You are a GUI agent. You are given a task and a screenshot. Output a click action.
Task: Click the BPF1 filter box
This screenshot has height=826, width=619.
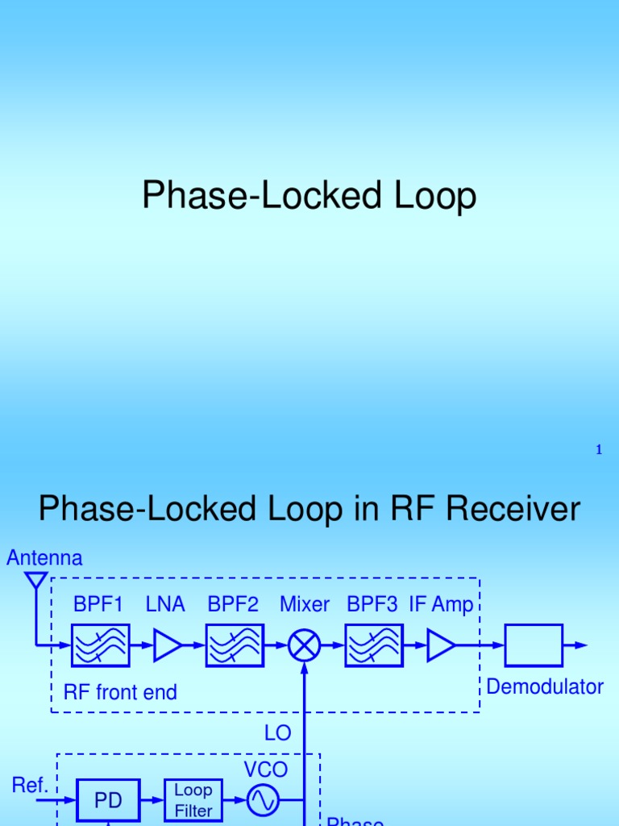click(101, 645)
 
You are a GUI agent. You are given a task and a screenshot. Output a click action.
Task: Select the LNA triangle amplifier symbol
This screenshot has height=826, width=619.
click(167, 645)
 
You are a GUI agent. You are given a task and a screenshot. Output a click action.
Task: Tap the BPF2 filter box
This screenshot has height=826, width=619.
click(235, 645)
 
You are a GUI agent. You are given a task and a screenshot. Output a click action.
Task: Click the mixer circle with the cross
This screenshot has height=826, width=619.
click(305, 645)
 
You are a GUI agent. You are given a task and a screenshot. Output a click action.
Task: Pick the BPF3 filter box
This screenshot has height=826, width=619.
click(374, 645)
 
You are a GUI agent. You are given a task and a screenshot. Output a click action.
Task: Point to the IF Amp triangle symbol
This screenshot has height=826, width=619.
click(441, 645)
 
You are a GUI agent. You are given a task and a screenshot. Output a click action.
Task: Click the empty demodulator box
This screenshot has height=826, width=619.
click(534, 645)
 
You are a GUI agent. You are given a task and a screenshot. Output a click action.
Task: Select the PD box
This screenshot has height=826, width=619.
click(108, 801)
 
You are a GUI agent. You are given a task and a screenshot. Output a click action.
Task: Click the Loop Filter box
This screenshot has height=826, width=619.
click(193, 800)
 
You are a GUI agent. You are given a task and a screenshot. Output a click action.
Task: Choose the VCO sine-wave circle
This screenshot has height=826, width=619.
click(263, 800)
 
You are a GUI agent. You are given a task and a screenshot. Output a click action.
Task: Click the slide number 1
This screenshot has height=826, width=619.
click(599, 450)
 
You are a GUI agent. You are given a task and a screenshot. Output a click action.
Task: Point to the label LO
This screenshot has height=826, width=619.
click(278, 732)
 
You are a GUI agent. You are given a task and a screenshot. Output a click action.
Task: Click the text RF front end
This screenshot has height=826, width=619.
click(120, 692)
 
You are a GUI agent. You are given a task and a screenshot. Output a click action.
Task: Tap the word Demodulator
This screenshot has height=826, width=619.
click(546, 687)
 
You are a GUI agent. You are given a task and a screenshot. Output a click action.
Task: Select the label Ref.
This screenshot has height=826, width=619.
click(29, 785)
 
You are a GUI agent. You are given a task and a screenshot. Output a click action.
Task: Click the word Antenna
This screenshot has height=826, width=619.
click(44, 557)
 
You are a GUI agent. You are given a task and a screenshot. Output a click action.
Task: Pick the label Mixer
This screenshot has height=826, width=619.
click(305, 604)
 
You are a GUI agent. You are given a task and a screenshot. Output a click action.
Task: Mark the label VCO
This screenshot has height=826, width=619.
click(266, 769)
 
